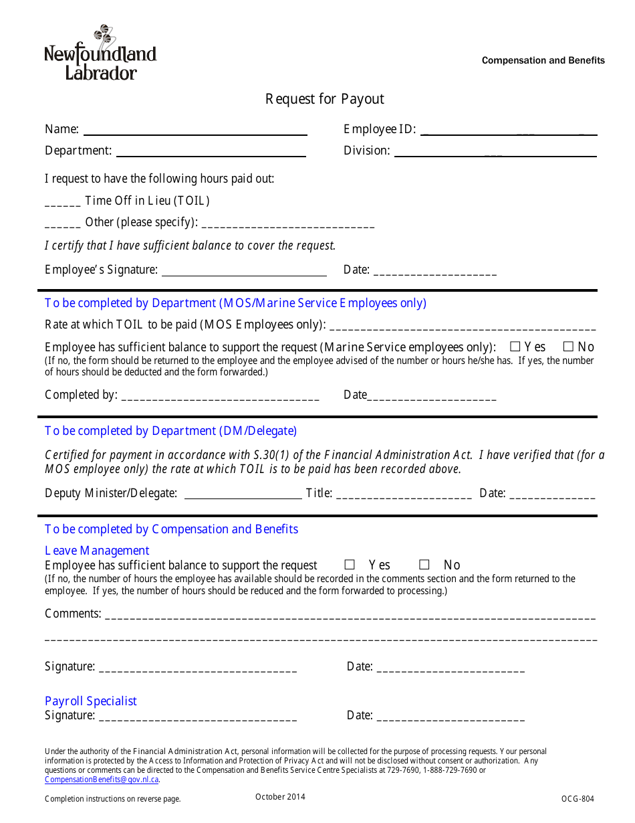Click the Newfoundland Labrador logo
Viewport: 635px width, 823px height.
(100, 53)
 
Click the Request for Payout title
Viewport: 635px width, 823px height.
(325, 99)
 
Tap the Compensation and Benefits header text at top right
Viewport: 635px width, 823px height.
(543, 60)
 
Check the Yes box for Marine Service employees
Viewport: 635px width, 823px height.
(515, 347)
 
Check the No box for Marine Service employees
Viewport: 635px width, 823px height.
(569, 347)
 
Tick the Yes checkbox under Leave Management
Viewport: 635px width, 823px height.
(350, 565)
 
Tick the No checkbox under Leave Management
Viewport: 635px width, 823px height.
(424, 565)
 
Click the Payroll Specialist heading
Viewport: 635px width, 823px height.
(91, 701)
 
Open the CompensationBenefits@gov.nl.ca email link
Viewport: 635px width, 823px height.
(102, 780)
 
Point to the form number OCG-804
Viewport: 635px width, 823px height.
(578, 798)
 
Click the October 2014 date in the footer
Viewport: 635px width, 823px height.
(280, 796)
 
